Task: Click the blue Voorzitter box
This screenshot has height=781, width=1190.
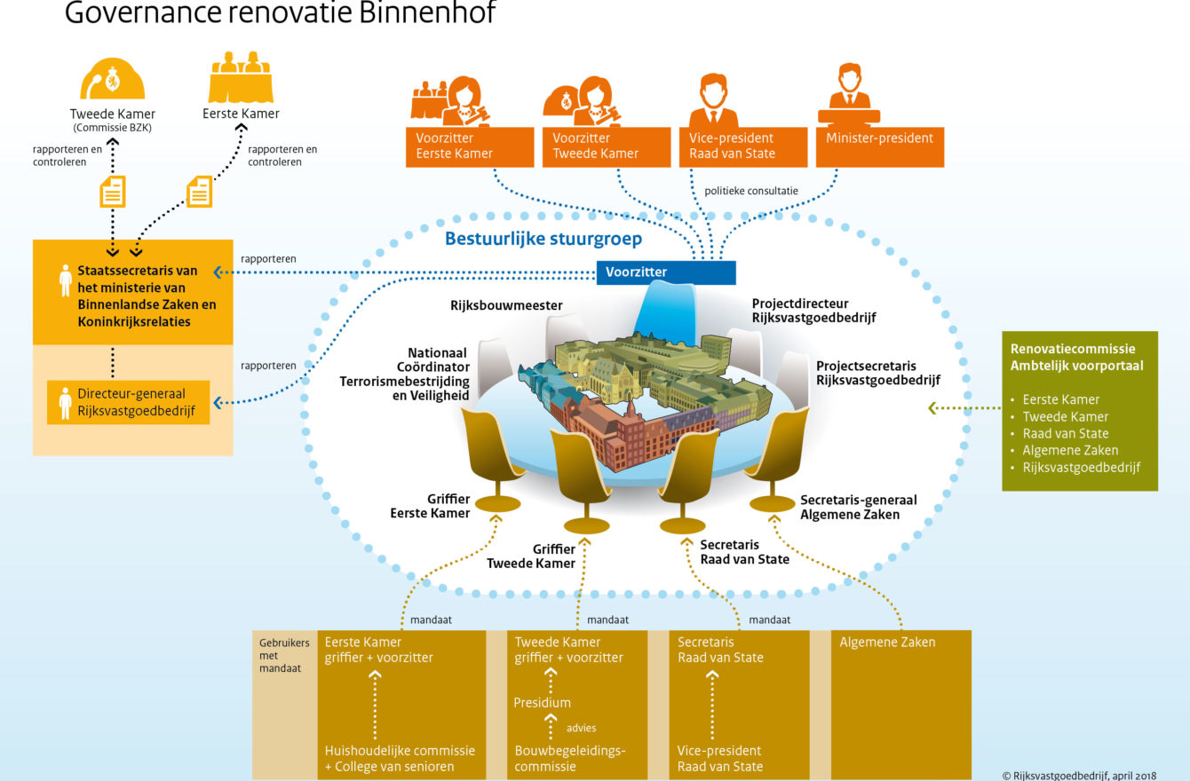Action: (666, 272)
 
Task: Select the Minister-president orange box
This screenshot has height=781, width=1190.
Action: (880, 147)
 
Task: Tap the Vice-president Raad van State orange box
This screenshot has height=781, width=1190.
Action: (743, 147)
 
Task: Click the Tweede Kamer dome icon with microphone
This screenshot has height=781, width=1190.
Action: (112, 79)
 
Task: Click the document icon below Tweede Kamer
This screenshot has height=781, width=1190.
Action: (113, 191)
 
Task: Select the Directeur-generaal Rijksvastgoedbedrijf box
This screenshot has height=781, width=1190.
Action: (128, 402)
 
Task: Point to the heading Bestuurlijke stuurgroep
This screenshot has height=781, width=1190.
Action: (543, 239)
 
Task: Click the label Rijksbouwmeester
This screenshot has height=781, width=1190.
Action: (506, 305)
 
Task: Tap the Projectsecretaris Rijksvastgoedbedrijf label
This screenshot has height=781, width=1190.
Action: (877, 373)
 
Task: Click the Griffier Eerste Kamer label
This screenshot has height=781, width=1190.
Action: (430, 506)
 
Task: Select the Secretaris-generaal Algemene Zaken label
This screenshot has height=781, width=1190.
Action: (858, 507)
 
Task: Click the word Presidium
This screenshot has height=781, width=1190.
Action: (542, 702)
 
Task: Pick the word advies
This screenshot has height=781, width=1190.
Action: (581, 728)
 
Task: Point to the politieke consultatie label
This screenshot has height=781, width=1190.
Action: (750, 191)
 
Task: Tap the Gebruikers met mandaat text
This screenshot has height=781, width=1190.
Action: (283, 655)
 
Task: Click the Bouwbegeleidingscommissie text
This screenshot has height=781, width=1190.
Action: (569, 758)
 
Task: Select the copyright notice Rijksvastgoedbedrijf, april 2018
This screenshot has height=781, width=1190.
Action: (1078, 775)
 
